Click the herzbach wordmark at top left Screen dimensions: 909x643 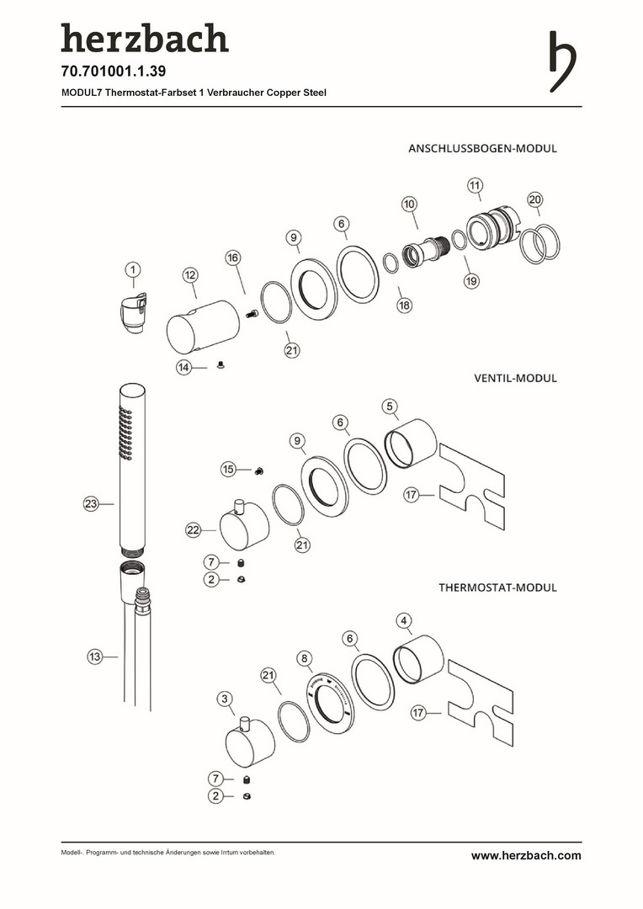click(x=144, y=39)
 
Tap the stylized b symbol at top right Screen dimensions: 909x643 click(x=562, y=61)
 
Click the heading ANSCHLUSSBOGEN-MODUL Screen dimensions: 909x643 click(x=482, y=148)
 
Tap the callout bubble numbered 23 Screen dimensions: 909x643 click(x=92, y=504)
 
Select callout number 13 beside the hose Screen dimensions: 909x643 click(x=95, y=656)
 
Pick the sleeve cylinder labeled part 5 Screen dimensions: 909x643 click(x=410, y=442)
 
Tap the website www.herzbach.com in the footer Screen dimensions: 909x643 click(x=526, y=855)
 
